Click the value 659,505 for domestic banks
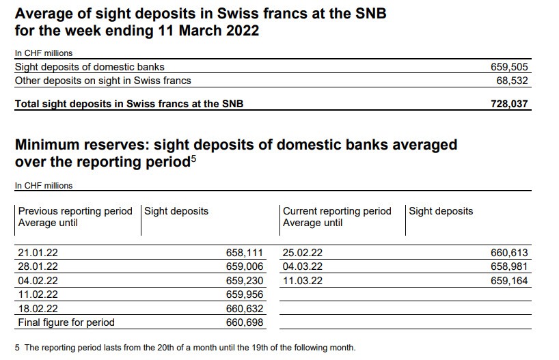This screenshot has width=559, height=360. click(509, 67)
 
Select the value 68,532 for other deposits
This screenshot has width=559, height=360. click(512, 81)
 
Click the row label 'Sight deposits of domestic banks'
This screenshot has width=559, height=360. click(90, 67)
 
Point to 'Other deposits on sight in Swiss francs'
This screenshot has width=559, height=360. click(103, 81)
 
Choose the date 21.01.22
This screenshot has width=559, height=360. click(38, 253)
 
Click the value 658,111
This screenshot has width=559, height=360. click(244, 253)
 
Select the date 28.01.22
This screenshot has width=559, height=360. click(38, 266)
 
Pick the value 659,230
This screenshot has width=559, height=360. click(244, 281)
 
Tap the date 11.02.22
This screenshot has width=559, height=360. click(38, 294)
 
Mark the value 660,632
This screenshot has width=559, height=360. click(244, 308)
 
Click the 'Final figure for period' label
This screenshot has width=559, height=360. click(66, 322)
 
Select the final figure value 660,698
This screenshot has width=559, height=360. click(244, 322)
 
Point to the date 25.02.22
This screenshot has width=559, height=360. click(302, 253)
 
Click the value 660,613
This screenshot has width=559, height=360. click(509, 253)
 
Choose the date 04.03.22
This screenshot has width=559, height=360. click(302, 266)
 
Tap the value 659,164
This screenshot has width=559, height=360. click(509, 281)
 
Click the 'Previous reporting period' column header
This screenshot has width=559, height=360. click(75, 211)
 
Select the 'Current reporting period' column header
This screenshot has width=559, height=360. click(337, 211)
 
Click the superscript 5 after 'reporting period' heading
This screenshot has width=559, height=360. click(193, 160)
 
